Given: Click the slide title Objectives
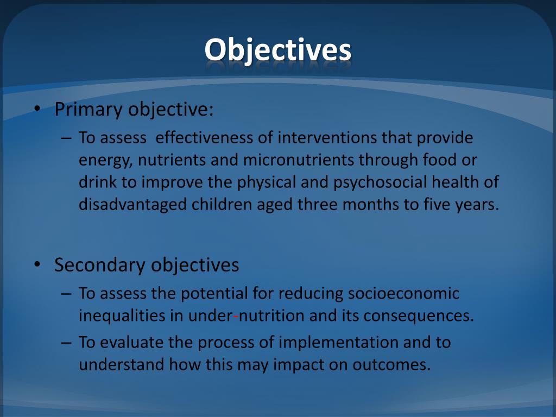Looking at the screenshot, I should pos(277,50).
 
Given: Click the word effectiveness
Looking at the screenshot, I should pos(205,138).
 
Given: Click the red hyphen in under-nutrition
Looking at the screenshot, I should pos(236,317).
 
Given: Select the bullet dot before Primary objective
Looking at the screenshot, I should pos(36,109).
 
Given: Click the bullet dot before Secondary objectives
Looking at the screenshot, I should pos(36,265).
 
